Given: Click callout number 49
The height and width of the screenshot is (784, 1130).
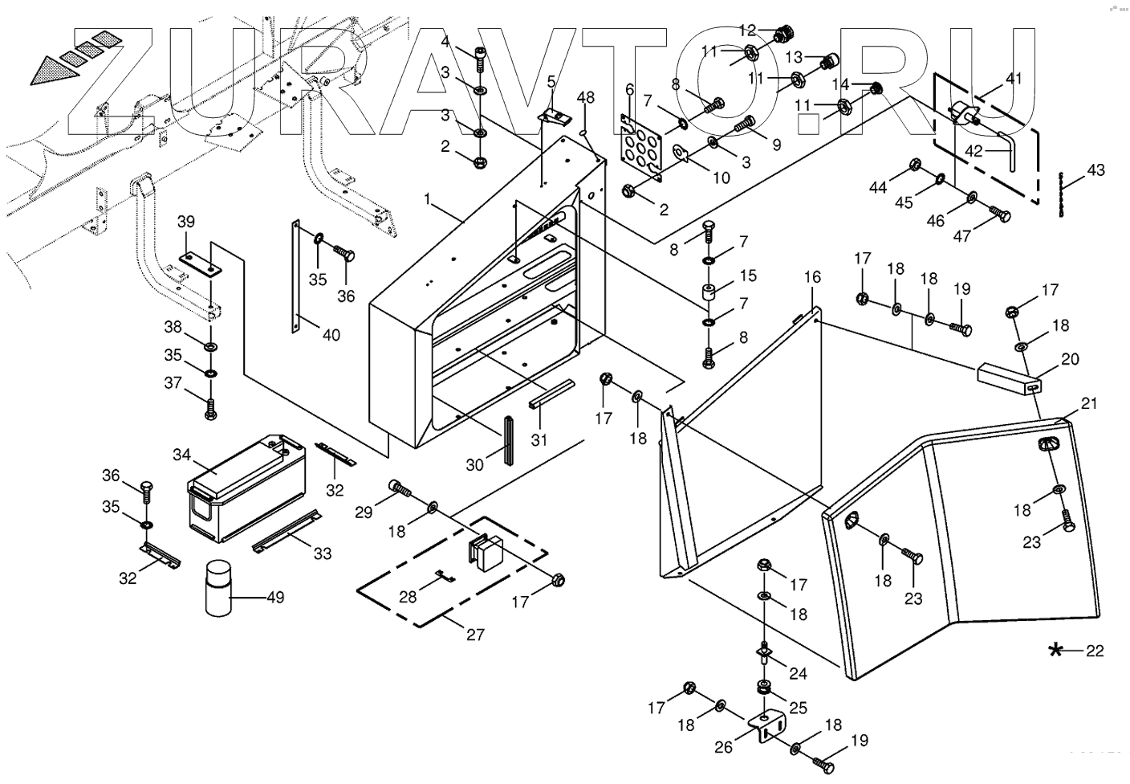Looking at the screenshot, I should coord(274,598).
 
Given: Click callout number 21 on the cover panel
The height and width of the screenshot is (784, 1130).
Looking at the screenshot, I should coord(1088,403).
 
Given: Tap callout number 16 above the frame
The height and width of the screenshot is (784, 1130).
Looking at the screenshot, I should coord(812,277).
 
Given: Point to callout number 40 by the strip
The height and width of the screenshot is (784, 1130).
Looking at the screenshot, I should coord(331,334).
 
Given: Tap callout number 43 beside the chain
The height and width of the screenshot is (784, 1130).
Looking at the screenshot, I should coord(1096,170).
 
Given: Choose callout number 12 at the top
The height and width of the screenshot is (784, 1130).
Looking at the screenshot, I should coord(747,31).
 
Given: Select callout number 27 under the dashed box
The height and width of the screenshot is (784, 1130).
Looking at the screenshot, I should coord(475,635).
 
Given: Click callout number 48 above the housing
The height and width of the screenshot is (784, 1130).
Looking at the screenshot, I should coord(586,97).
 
